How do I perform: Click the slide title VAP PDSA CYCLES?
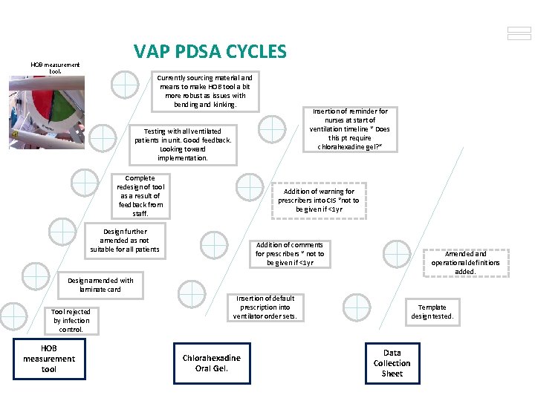click(210, 51)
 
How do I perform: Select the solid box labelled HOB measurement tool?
click(49, 359)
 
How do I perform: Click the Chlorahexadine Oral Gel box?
click(212, 363)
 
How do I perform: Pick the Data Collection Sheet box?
click(392, 363)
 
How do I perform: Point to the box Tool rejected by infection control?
click(71, 321)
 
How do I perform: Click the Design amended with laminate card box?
click(100, 284)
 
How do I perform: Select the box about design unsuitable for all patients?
click(124, 241)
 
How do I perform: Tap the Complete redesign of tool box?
click(140, 196)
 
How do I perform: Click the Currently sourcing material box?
click(205, 91)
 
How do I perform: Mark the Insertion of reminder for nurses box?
click(350, 129)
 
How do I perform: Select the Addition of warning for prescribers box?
click(318, 200)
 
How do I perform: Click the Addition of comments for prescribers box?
click(290, 254)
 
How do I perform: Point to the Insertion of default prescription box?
click(265, 307)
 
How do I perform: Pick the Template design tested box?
click(432, 312)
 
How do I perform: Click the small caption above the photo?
click(55, 68)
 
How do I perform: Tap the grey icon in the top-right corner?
click(519, 33)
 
